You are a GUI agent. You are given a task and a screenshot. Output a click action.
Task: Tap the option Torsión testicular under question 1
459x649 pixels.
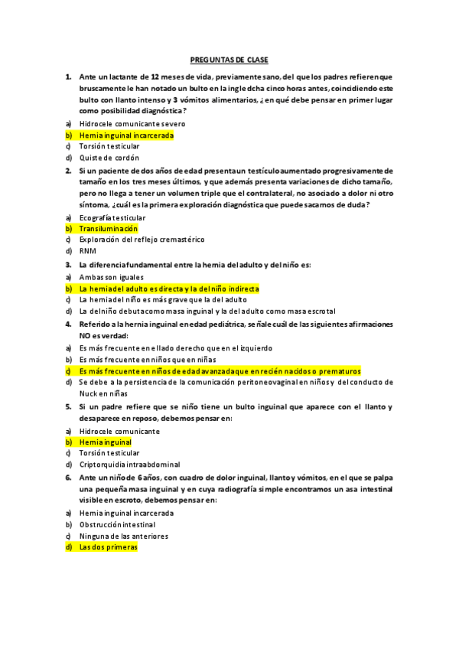[109, 146]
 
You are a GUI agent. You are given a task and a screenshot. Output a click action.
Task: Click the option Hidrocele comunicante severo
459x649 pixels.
[132, 123]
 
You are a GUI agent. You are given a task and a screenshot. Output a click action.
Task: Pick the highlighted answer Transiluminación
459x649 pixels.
[109, 229]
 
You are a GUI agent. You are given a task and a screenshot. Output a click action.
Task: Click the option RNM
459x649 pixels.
[87, 251]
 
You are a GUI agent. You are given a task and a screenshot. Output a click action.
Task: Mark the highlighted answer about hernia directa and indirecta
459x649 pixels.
[169, 289]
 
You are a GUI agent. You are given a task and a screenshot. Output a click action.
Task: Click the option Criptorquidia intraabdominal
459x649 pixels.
[130, 465]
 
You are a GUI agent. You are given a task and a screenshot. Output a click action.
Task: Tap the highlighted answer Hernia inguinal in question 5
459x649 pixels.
[105, 442]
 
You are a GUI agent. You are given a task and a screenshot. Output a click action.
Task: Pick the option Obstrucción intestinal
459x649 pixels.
[117, 525]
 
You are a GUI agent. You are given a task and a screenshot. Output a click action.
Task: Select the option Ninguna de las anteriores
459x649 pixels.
[124, 536]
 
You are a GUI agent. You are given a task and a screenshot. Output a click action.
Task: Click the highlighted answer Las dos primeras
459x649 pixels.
[108, 548]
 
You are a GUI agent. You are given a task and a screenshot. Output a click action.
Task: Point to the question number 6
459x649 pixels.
[69, 476]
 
